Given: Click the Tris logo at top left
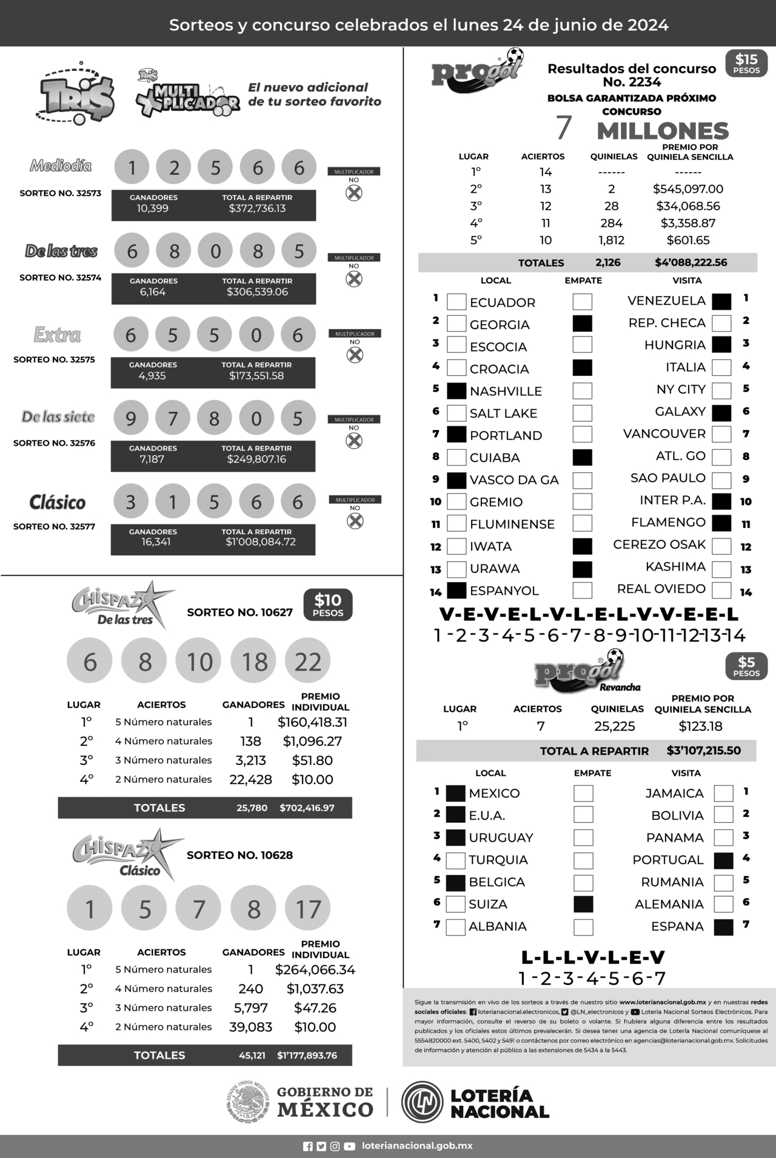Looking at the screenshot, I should [76, 94].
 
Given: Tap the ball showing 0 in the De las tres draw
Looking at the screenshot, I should [216, 251].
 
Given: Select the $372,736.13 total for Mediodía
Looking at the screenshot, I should [257, 209].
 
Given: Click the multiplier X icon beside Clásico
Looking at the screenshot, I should [354, 520].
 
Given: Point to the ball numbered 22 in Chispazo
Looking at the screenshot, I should [308, 661].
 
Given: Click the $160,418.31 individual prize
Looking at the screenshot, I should [312, 722].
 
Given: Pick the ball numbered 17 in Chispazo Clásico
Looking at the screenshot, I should [308, 909].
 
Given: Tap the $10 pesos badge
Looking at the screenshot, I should [328, 605].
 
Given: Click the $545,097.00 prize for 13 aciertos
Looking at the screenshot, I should [688, 189].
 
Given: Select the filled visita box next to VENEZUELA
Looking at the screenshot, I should [721, 301].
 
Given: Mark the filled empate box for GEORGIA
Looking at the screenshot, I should [583, 323].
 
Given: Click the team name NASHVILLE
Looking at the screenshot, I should [506, 391].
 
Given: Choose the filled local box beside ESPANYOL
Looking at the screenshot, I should [457, 590].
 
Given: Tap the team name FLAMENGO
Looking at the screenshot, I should [668, 523].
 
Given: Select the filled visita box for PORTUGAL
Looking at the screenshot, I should [723, 860].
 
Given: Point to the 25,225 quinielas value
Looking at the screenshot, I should [615, 726].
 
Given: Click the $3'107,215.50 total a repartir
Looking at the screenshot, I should [703, 751].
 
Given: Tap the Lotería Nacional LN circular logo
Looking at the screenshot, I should [423, 1102].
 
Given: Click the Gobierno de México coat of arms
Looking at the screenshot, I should [247, 1102].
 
